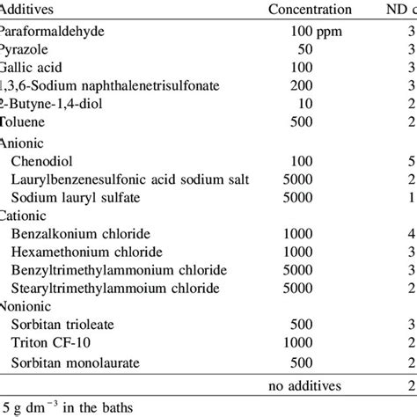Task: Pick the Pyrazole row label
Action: (x=26, y=49)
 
